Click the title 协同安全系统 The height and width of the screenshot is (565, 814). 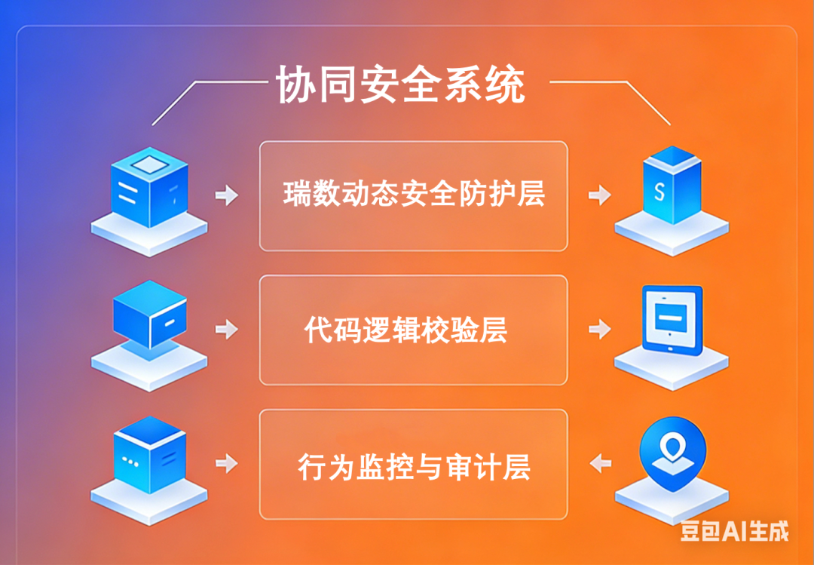pos(400,84)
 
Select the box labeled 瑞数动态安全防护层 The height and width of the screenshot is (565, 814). pos(413,195)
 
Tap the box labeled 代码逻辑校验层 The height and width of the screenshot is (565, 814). pos(413,330)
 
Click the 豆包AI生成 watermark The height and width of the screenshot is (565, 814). pos(734,531)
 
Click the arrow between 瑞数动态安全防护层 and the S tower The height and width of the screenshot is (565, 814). pos(600,195)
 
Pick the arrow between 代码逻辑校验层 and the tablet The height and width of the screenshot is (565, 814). pos(600,329)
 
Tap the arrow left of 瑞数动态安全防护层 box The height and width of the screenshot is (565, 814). pos(226,195)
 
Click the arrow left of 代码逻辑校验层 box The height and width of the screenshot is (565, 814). pos(226,329)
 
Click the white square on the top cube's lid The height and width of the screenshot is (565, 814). pos(148,163)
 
